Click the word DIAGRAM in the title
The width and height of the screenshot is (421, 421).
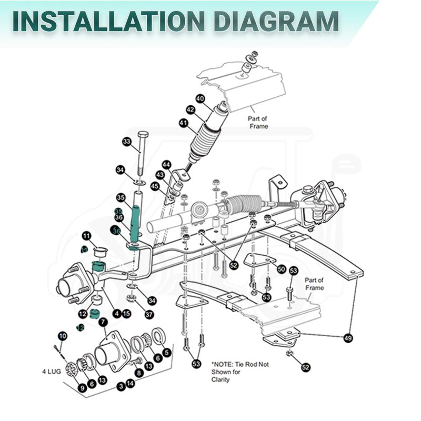pyautogui.click(x=277, y=21)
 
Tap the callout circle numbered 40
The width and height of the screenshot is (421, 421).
pyautogui.click(x=200, y=99)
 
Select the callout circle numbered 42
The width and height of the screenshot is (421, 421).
pyautogui.click(x=191, y=110)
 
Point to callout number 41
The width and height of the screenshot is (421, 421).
pyautogui.click(x=183, y=123)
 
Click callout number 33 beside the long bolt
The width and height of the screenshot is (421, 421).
pyautogui.click(x=127, y=142)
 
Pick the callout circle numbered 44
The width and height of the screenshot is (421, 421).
pyautogui.click(x=166, y=165)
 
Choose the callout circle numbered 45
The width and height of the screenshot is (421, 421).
pyautogui.click(x=155, y=186)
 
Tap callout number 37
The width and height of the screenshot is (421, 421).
pyautogui.click(x=149, y=314)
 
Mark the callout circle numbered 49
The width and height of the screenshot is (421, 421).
pyautogui.click(x=348, y=338)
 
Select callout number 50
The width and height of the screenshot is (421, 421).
pyautogui.click(x=282, y=269)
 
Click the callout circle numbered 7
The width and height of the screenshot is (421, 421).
pyautogui.click(x=103, y=322)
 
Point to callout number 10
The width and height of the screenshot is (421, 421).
pyautogui.click(x=63, y=336)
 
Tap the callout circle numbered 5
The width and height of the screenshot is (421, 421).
pyautogui.click(x=167, y=353)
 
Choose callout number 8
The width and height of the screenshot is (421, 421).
pyautogui.click(x=139, y=373)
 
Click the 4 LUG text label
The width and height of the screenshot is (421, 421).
pyautogui.click(x=52, y=372)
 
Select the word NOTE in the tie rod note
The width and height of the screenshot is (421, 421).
pyautogui.click(x=223, y=364)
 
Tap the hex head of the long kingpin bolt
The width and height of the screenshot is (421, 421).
pyautogui.click(x=143, y=134)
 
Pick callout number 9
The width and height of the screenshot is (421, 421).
pyautogui.click(x=83, y=388)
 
